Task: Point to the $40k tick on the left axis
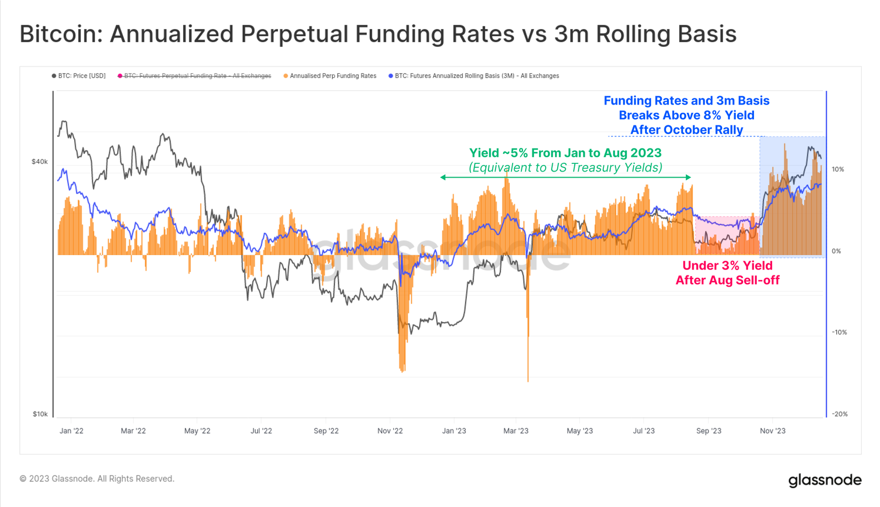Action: click(40, 162)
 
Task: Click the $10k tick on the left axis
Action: click(40, 414)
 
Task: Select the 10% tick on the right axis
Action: click(838, 169)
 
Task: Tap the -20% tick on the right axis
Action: click(839, 414)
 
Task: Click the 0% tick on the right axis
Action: click(836, 251)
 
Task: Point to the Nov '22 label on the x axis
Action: click(390, 431)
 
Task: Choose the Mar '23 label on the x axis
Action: click(516, 431)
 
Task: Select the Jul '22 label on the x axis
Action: click(261, 431)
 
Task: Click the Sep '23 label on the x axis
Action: click(708, 431)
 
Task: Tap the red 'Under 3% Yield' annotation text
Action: click(727, 266)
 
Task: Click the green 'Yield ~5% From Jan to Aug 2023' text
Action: click(565, 153)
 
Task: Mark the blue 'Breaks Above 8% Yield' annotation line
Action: click(686, 115)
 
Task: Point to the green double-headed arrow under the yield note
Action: click(565, 177)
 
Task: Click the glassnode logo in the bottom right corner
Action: click(824, 480)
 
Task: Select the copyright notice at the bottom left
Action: click(97, 479)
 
